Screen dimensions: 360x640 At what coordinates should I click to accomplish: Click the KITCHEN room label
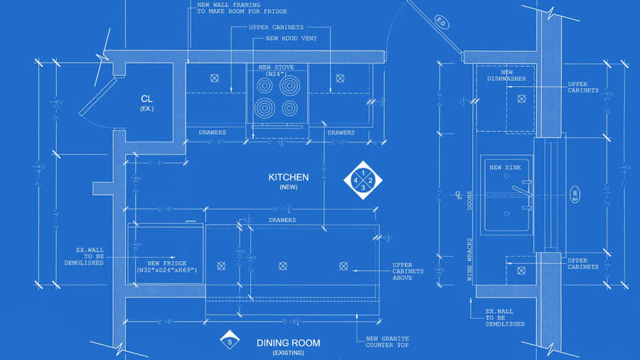coord(288,178)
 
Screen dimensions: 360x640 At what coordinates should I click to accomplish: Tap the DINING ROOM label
coord(288,343)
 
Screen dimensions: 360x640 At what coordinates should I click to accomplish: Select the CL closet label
coord(146,99)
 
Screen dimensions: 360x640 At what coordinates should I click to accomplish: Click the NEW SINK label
coord(505,167)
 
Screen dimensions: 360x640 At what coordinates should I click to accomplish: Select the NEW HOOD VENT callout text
coord(291,38)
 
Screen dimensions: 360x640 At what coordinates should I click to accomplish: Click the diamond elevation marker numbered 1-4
coord(363,181)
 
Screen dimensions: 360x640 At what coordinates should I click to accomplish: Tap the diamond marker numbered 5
coord(230,341)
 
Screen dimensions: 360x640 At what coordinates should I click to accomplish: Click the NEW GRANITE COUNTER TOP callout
coord(388,342)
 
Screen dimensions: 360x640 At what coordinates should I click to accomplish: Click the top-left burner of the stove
coord(265,86)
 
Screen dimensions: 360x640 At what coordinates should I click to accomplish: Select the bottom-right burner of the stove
coord(289,109)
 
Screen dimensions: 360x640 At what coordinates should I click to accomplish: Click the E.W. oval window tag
coord(575,194)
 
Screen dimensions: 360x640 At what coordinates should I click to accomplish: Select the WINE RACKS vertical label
coord(469,260)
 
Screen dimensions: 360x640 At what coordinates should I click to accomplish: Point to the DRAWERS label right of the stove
coord(341,132)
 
